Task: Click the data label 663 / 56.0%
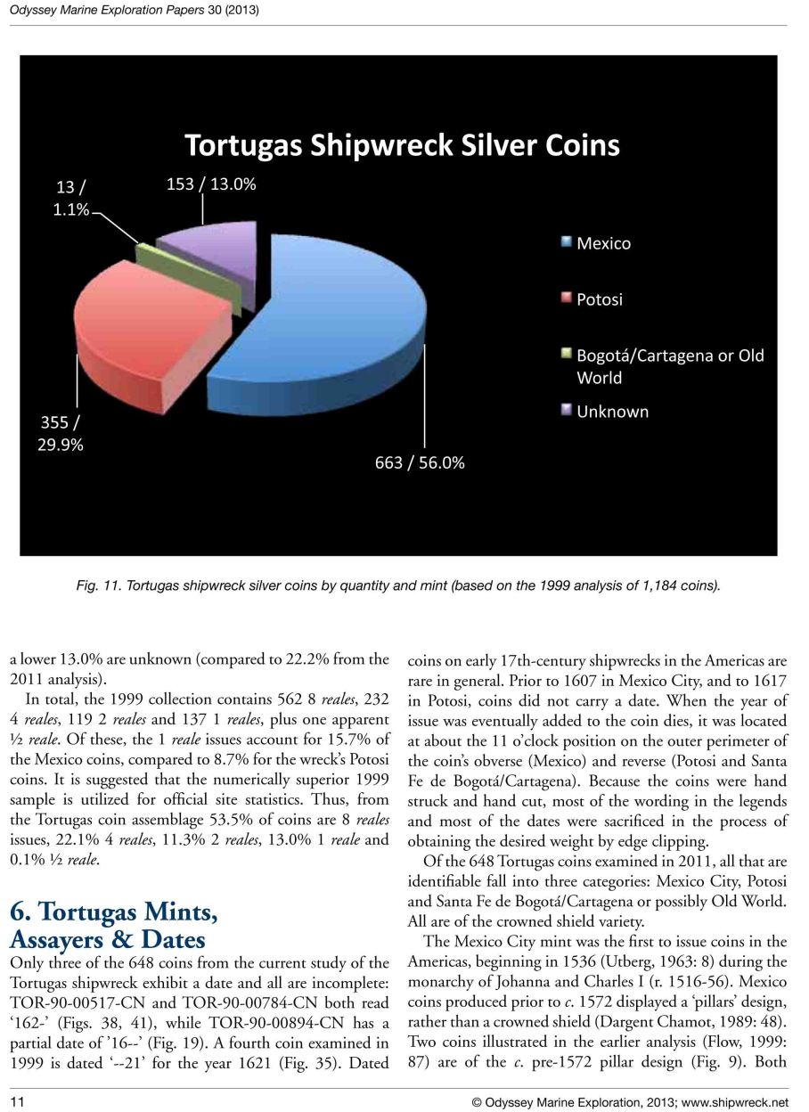click(x=419, y=463)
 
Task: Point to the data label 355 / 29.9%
click(x=60, y=431)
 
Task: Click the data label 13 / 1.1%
click(x=70, y=200)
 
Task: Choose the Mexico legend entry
click(x=603, y=243)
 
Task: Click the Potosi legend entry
click(x=599, y=299)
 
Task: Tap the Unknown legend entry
click(x=612, y=412)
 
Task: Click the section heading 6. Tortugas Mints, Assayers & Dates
click(x=113, y=926)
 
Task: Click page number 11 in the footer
click(x=16, y=1102)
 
